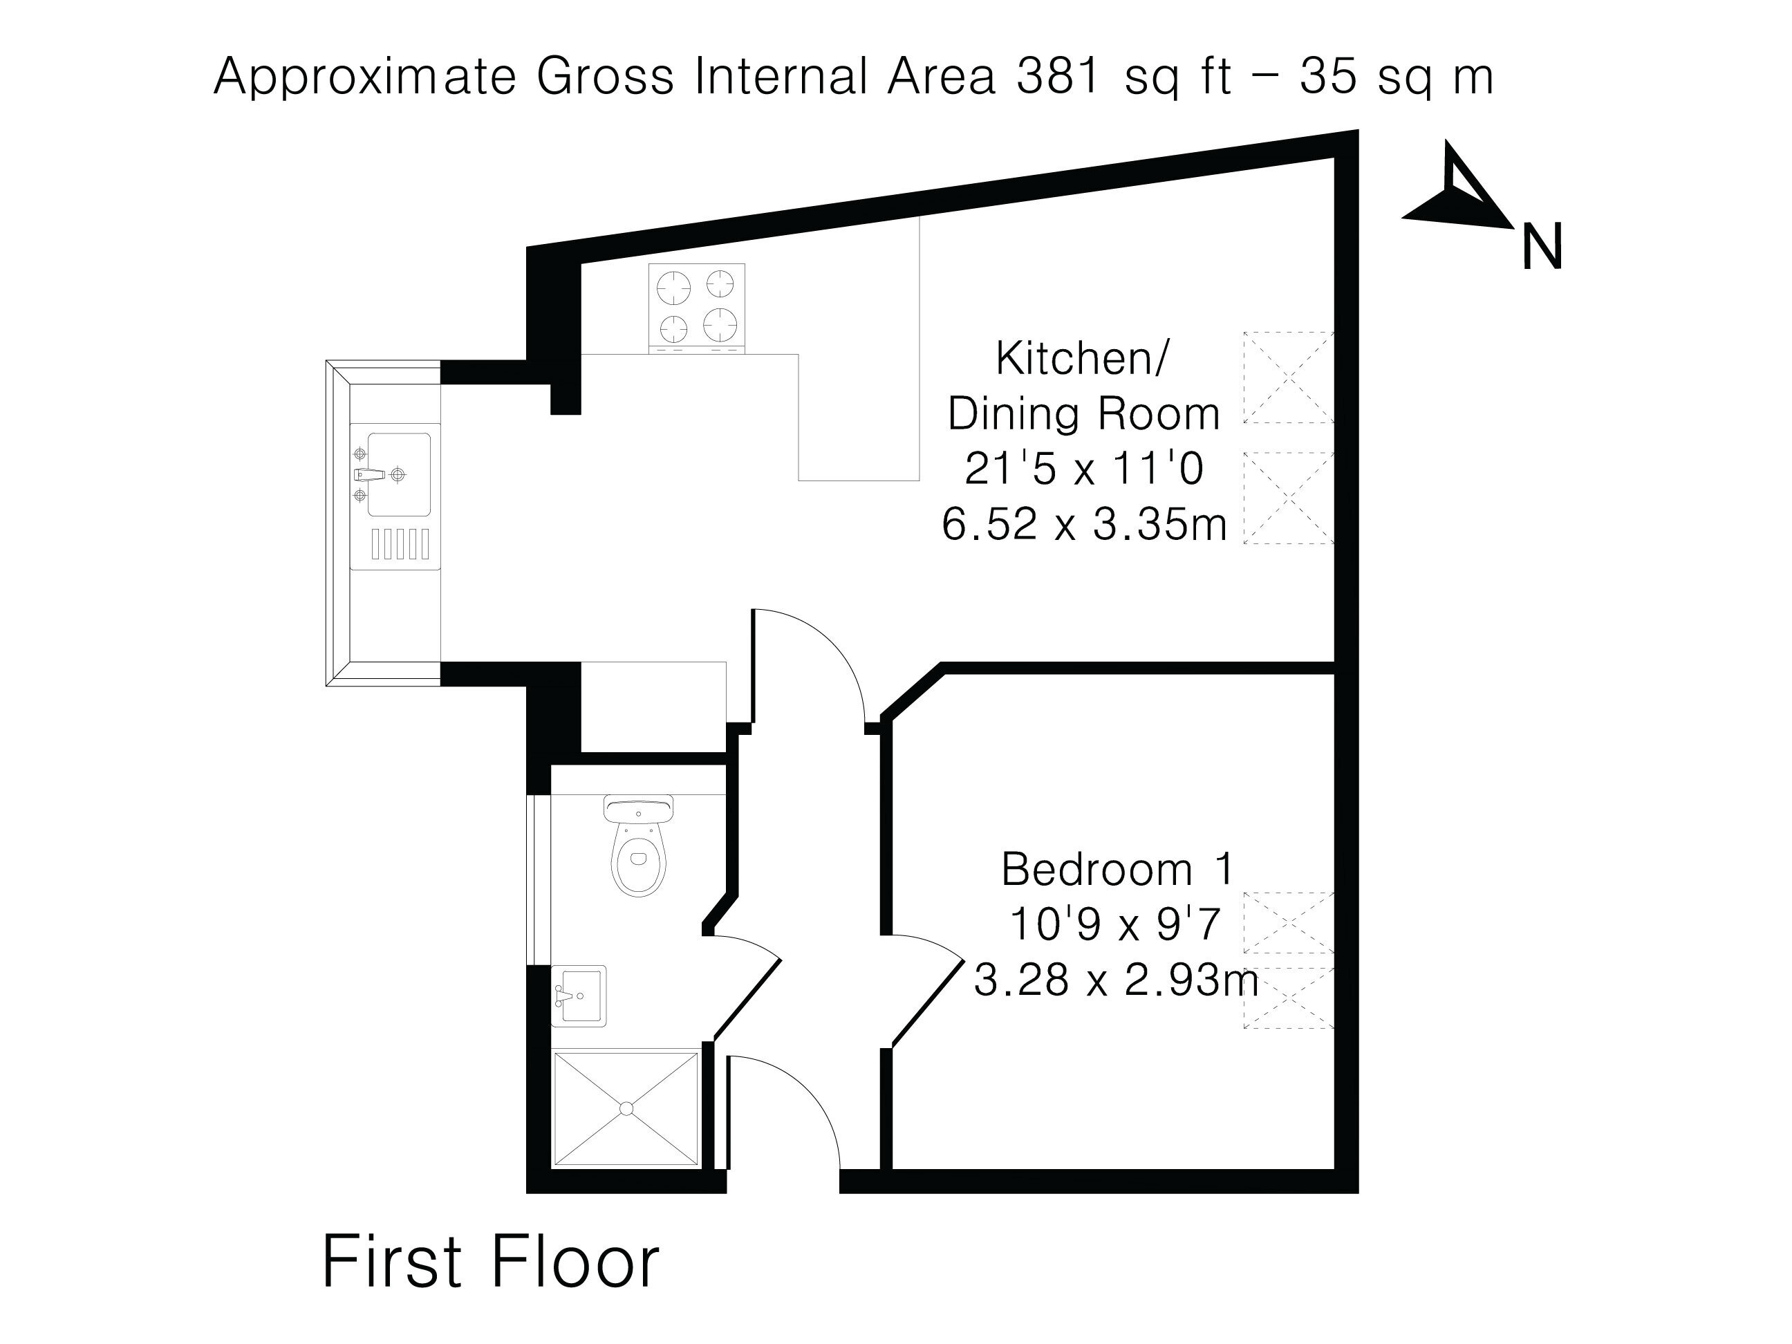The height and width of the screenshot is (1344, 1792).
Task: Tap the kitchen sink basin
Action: tap(399, 474)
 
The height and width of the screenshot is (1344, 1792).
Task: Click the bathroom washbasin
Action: tap(579, 996)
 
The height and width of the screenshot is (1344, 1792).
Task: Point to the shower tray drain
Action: tap(626, 1108)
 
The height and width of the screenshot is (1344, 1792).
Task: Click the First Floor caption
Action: tap(491, 1261)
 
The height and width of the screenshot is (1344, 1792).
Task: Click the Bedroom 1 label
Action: tap(1117, 869)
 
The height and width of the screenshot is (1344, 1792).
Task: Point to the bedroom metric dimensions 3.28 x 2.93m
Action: tap(1117, 980)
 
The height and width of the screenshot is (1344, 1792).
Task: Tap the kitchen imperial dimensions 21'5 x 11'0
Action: tap(1084, 468)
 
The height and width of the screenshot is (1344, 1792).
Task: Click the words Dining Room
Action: tap(1084, 414)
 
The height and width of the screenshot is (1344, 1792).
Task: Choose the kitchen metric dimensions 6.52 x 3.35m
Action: tap(1084, 523)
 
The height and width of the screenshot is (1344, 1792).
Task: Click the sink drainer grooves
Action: tap(400, 543)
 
